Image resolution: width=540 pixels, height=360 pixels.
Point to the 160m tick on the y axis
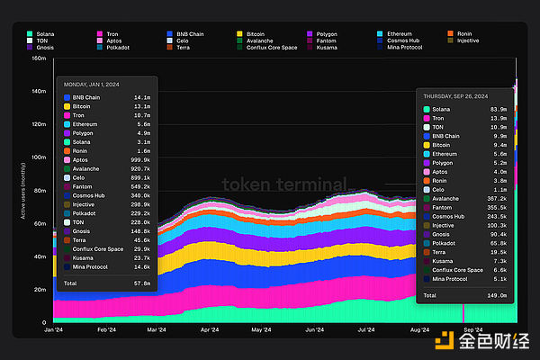point(39,58)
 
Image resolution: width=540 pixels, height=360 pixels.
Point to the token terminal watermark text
point(283,185)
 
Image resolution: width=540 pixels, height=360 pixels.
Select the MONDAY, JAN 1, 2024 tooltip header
point(98,85)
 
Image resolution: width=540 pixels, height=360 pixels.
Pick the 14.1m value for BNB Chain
point(142,96)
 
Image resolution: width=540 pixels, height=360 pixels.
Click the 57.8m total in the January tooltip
point(141,283)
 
